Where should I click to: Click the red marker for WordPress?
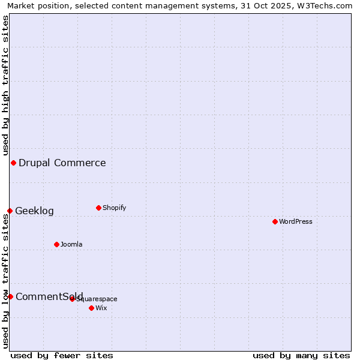tap(275, 221)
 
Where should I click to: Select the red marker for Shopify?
tap(98, 208)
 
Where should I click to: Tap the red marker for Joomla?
tap(56, 244)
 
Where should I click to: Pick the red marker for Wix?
tap(91, 308)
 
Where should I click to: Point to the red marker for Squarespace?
tap(72, 299)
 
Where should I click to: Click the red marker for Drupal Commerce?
tap(13, 163)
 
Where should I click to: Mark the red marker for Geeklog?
tap(10, 211)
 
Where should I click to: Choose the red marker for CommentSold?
tap(10, 296)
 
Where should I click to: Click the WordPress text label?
tap(296, 221)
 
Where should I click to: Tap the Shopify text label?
tap(114, 208)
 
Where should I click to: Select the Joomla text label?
tap(71, 244)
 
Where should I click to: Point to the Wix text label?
tap(101, 308)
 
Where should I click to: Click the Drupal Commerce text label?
tap(62, 163)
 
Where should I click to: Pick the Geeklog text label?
tap(34, 211)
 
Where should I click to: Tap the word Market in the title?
tap(21, 5)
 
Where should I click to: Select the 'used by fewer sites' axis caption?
tap(62, 355)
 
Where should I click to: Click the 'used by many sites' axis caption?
tap(301, 355)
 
